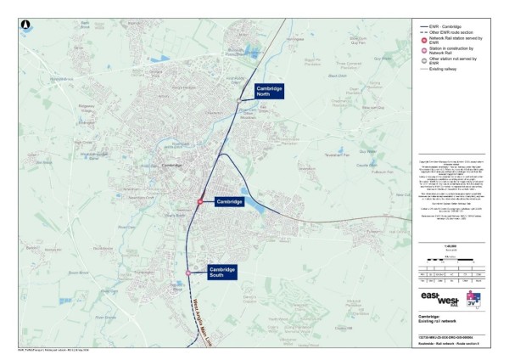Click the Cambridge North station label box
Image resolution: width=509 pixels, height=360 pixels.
(x=269, y=92)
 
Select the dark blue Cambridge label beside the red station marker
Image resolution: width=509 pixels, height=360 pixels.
(x=229, y=201)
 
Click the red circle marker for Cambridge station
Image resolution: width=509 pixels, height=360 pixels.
(x=200, y=202)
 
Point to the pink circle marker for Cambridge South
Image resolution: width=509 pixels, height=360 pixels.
(x=188, y=273)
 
